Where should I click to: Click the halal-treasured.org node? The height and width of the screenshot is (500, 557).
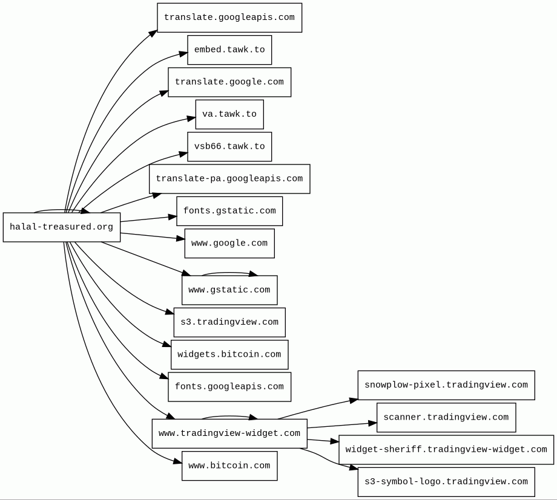click(62, 227)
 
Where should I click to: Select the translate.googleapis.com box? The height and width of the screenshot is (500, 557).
click(229, 18)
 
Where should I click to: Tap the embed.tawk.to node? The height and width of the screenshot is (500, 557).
click(229, 50)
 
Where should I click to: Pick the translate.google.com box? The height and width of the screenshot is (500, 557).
click(229, 82)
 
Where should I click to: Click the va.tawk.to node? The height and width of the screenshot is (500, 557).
click(229, 114)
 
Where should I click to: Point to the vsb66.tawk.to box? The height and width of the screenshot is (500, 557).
click(229, 146)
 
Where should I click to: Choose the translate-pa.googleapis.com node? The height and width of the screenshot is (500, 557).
click(229, 179)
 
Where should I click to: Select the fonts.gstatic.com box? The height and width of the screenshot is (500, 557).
click(229, 211)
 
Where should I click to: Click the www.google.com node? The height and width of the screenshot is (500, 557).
click(229, 244)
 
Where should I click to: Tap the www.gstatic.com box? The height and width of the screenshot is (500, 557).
click(229, 290)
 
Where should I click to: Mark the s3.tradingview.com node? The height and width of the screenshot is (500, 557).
click(229, 322)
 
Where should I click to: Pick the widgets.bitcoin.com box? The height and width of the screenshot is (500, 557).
click(229, 354)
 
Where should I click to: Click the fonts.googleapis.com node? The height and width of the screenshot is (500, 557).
click(229, 387)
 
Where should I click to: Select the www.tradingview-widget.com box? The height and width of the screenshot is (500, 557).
click(229, 433)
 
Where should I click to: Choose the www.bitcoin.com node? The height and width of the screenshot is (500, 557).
click(229, 466)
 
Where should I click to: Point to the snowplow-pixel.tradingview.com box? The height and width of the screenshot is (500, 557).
click(446, 385)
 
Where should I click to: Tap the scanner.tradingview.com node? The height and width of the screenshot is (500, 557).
click(446, 418)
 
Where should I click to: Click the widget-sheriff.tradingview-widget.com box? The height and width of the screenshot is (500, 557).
click(446, 450)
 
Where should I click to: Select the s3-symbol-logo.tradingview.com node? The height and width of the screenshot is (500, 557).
click(446, 482)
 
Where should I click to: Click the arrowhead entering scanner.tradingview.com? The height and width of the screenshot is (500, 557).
click(372, 423)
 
